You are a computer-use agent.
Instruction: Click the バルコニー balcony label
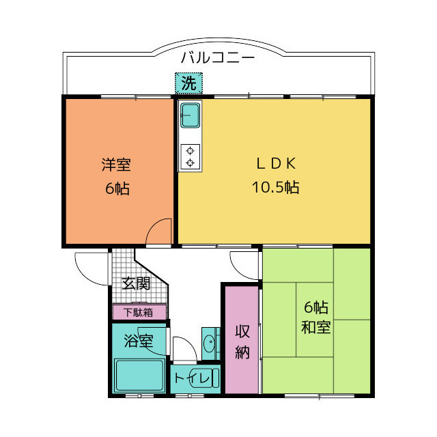(218, 58)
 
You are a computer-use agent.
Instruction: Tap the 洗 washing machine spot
(188, 83)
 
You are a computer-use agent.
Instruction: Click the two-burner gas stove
(189, 156)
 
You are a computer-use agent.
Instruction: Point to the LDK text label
(275, 163)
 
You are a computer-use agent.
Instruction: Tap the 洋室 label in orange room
(116, 165)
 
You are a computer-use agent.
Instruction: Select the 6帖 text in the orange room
(117, 188)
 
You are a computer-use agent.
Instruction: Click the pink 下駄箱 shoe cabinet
(139, 313)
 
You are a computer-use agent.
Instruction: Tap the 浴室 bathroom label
(138, 340)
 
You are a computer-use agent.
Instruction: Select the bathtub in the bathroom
(139, 376)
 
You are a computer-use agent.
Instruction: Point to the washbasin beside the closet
(210, 342)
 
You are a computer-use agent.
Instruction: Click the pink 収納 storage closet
(242, 341)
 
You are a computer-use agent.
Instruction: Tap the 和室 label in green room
(315, 327)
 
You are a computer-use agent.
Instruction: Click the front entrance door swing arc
(91, 266)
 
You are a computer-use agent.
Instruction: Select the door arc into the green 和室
(245, 264)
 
